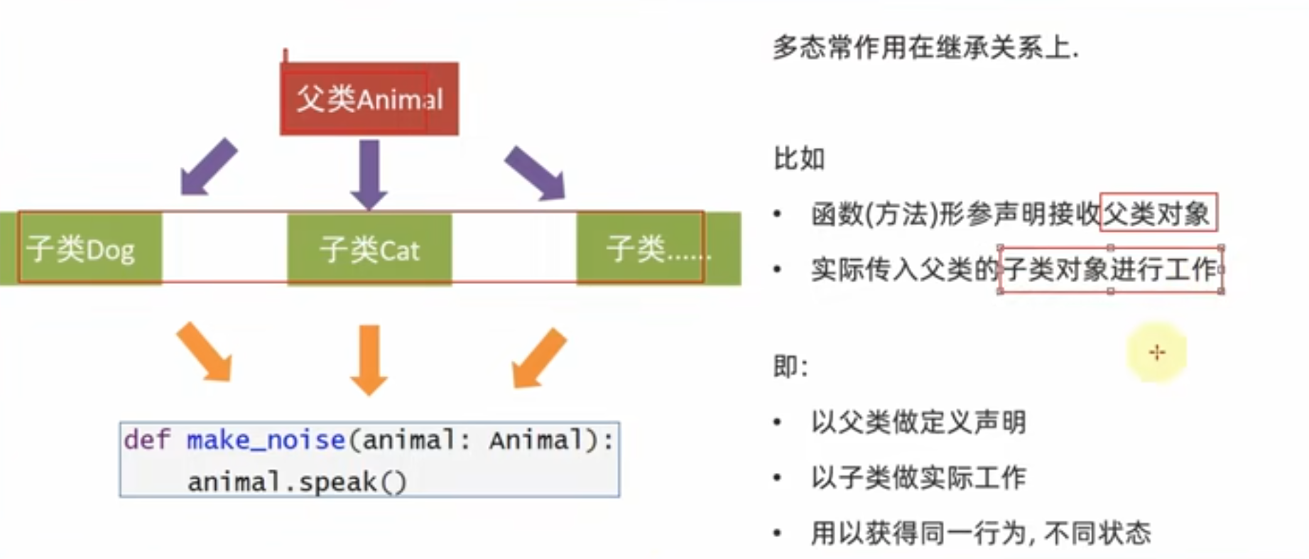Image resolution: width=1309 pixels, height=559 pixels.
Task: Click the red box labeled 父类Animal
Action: tap(369, 99)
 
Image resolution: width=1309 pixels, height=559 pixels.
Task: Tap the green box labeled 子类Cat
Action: tap(369, 249)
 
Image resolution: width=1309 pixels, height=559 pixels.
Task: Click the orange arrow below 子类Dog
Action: tap(205, 351)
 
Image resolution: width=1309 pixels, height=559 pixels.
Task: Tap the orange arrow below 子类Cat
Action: tap(369, 358)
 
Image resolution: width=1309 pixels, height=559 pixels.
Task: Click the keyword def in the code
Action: tap(146, 440)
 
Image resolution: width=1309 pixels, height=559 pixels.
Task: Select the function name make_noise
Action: tap(266, 440)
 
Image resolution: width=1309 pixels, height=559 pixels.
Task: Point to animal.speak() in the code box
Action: tap(297, 482)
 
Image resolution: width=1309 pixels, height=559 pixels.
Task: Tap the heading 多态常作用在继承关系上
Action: tap(925, 48)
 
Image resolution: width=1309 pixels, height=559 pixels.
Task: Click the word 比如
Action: tap(799, 158)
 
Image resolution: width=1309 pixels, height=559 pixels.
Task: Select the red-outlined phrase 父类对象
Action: tap(1158, 212)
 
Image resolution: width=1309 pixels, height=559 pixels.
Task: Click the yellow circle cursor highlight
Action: tap(1156, 352)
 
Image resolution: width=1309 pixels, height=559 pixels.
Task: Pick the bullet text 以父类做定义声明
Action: tap(918, 422)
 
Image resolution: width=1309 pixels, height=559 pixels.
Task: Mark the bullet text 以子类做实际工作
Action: tap(918, 477)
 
